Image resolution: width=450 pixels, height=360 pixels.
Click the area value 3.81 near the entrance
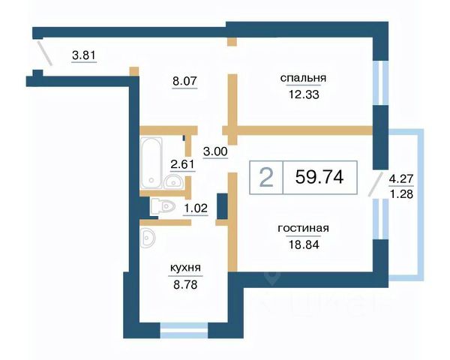click(x=84, y=55)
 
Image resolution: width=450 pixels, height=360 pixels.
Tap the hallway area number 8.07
click(x=184, y=81)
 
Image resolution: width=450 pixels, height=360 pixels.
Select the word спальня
click(x=303, y=78)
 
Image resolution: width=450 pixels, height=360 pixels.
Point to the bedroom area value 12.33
click(x=304, y=94)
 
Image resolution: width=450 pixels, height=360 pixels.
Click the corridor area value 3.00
click(x=215, y=151)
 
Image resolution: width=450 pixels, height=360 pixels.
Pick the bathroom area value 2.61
click(x=182, y=164)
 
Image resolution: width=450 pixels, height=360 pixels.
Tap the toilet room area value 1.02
click(x=196, y=208)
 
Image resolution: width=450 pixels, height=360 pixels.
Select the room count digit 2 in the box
click(x=266, y=178)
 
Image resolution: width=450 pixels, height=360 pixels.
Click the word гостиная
click(x=303, y=229)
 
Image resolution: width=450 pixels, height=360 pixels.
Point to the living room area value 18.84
click(x=304, y=244)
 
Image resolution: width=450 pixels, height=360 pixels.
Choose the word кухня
click(x=185, y=268)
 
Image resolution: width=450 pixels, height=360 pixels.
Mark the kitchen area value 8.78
click(x=185, y=285)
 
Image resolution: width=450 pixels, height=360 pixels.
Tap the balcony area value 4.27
click(x=401, y=178)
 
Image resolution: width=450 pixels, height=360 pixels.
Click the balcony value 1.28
click(x=401, y=194)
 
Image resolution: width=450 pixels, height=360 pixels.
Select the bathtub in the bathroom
click(x=151, y=163)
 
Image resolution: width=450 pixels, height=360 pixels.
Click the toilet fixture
click(x=163, y=206)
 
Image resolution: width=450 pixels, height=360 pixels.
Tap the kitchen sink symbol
click(x=148, y=238)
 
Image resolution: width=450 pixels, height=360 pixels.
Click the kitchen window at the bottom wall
click(x=184, y=331)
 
